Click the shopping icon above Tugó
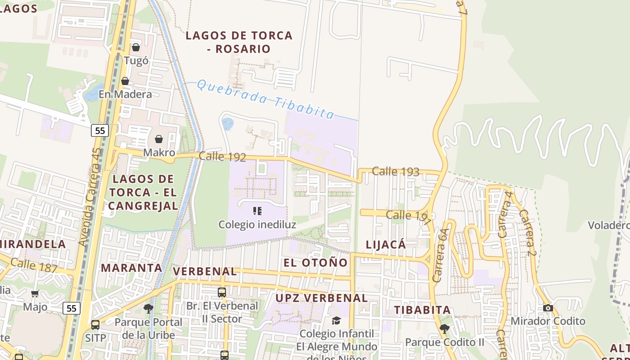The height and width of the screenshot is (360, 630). pos(136,47)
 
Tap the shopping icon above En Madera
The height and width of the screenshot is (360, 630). pos(125,81)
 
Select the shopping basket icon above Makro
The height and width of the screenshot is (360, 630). pos(158,139)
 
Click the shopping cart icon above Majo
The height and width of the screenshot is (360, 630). pos(35,294)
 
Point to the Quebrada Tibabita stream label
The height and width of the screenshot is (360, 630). pos(266,99)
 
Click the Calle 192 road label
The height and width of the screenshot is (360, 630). pos(222,157)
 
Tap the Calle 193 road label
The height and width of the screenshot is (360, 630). pos(396,171)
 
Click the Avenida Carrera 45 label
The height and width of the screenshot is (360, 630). pos(90,197)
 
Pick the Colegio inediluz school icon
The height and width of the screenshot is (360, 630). pos(257,211)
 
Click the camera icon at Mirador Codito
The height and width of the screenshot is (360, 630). pos(548,308)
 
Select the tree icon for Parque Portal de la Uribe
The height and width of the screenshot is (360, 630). pos(148,309)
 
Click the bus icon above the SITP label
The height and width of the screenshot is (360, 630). pos(95,324)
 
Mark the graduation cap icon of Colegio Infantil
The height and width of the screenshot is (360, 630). pos(336,320)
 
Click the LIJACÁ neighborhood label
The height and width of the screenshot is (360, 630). pos(386,245)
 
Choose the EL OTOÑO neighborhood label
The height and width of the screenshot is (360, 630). pos(315,263)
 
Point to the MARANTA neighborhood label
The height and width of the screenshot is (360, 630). pos(131,268)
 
